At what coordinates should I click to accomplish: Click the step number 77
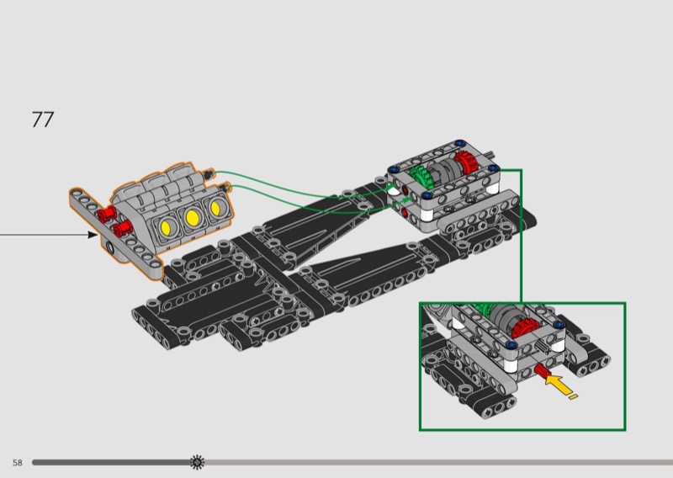(43, 119)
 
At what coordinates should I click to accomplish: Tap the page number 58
(17, 463)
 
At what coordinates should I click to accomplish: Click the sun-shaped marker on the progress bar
(197, 462)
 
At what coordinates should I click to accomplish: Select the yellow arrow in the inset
(558, 384)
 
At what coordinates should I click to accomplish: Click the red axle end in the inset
(541, 370)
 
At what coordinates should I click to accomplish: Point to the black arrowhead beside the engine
(93, 235)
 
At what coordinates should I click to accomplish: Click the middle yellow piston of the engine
(192, 218)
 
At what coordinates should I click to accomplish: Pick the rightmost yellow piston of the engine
(215, 208)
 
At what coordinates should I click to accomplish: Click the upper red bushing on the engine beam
(107, 213)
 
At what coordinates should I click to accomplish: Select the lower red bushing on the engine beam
(122, 228)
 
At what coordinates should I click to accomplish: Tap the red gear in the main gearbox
(464, 162)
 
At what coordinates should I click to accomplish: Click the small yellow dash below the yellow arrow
(573, 397)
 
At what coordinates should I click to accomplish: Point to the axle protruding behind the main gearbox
(490, 154)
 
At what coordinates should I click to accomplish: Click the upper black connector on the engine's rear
(209, 173)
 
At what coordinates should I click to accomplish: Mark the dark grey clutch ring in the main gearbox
(442, 168)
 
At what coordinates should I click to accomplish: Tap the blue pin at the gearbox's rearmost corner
(460, 142)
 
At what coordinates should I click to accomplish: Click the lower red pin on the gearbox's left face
(405, 212)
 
